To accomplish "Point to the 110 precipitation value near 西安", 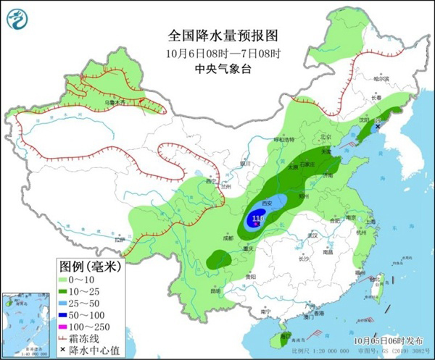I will click(x=258, y=217).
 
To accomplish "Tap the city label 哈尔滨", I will click(x=381, y=78).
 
